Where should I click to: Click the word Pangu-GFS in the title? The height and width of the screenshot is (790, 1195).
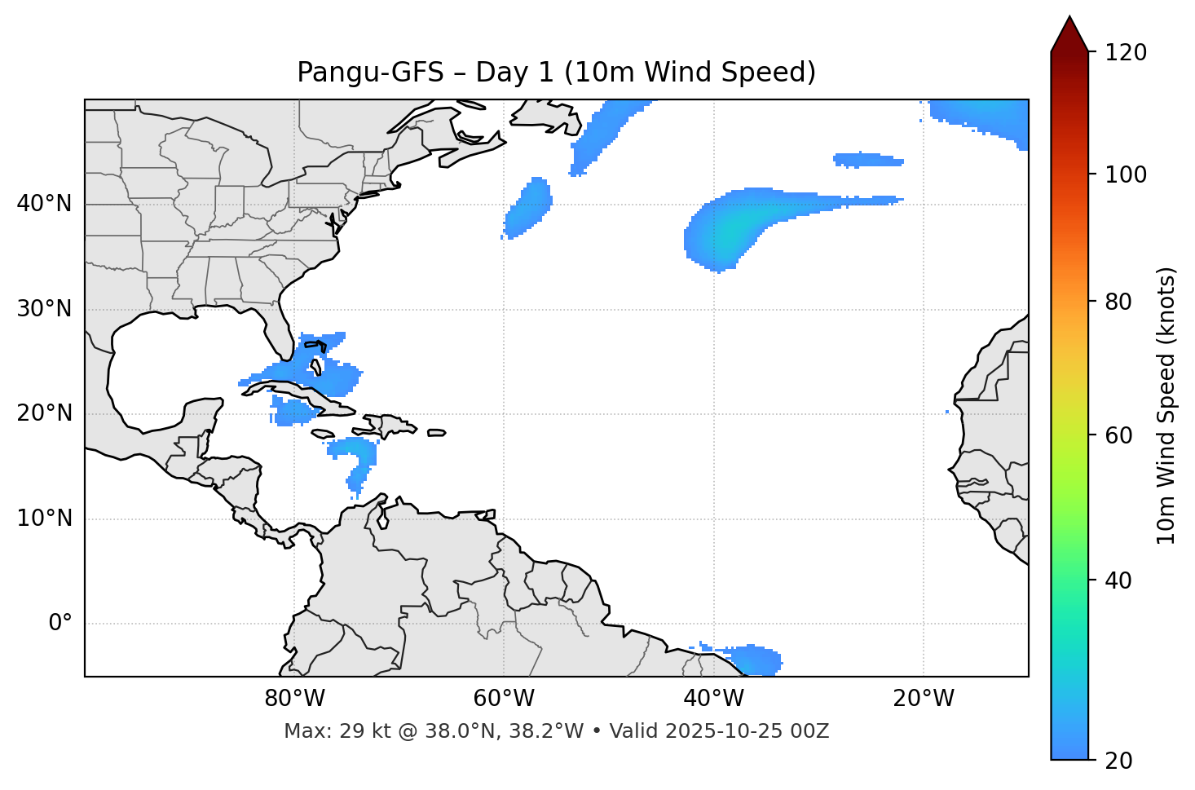(x=370, y=73)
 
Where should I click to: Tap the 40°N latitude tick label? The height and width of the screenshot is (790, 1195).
(x=44, y=204)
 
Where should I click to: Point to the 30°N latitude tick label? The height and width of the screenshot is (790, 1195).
(x=44, y=309)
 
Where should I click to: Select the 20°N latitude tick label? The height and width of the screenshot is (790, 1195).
(x=44, y=413)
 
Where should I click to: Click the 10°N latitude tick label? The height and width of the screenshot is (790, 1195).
(x=44, y=519)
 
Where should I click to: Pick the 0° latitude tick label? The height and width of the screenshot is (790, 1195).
(x=60, y=624)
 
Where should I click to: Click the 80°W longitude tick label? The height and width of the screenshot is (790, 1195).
(x=294, y=699)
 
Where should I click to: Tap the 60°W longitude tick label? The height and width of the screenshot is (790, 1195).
(x=504, y=699)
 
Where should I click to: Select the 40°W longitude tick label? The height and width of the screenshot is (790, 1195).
(x=713, y=699)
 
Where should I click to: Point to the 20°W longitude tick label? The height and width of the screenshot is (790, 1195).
(x=923, y=699)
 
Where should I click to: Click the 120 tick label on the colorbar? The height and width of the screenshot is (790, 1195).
(x=1127, y=53)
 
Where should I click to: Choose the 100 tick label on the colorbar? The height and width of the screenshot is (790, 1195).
(x=1127, y=174)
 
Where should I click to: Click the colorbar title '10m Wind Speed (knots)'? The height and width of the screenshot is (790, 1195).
(x=1166, y=406)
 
